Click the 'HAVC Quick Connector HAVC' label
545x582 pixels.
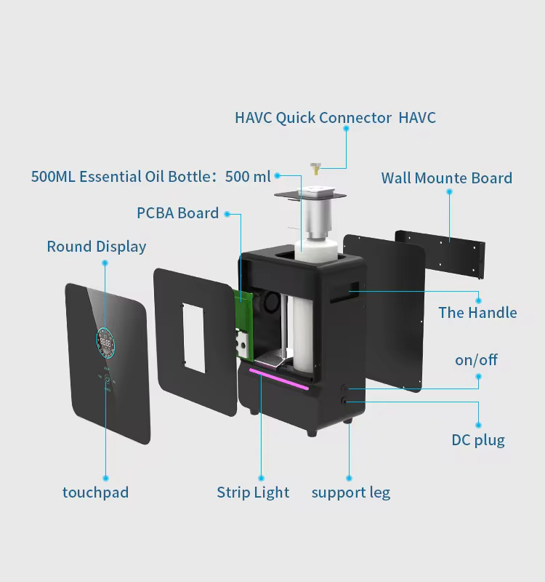(335, 118)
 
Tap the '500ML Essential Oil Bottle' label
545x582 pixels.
(150, 177)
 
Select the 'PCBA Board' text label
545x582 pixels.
(177, 213)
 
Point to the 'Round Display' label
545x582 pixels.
(96, 247)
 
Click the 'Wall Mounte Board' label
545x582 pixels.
(446, 178)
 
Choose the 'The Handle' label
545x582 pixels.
(477, 313)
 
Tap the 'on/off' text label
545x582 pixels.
(476, 360)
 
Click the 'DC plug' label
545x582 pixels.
(477, 439)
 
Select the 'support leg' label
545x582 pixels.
(350, 493)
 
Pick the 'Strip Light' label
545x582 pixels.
(253, 493)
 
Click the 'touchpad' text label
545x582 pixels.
(95, 493)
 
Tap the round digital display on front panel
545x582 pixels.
(106, 343)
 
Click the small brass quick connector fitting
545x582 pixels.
(315, 168)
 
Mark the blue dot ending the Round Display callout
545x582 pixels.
(105, 263)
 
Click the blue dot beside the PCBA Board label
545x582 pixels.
(227, 214)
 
